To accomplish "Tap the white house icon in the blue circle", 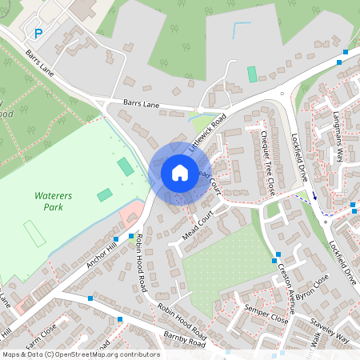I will (x=180, y=172).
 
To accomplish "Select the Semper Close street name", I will (x=268, y=316).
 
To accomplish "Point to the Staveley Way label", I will (x=326, y=328).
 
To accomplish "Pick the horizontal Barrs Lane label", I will (x=142, y=104).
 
